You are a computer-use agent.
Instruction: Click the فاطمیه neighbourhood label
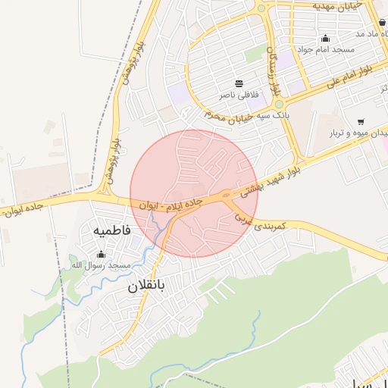[x=113, y=230]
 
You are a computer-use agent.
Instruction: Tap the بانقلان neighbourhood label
[x=151, y=286]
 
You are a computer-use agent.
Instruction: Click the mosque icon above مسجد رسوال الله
[x=101, y=254]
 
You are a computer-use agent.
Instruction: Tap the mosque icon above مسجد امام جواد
[x=326, y=38]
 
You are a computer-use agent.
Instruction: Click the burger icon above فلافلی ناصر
[x=239, y=83]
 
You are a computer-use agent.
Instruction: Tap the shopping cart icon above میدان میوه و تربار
[x=360, y=122]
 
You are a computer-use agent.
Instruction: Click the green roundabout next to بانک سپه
[x=279, y=105]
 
